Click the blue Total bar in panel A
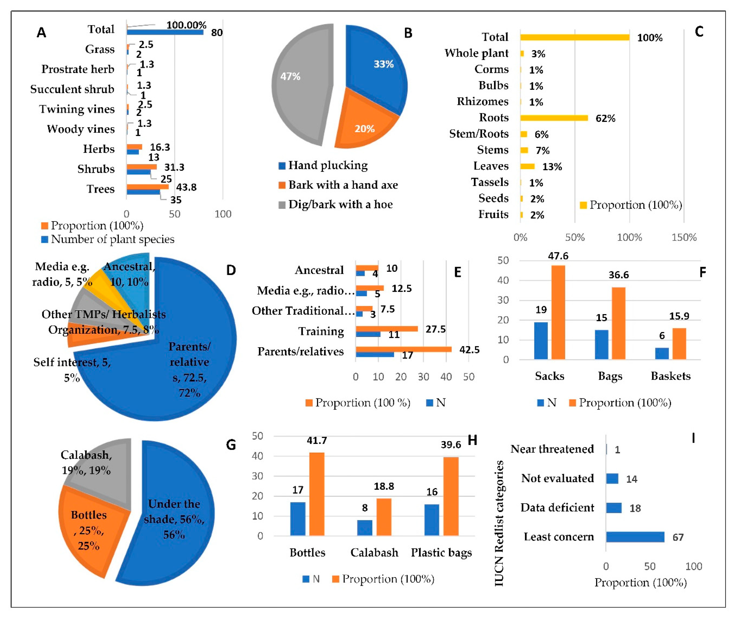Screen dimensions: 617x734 pos(165,32)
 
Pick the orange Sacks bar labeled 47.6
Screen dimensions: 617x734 pos(558,312)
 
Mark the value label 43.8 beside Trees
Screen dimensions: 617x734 pos(186,188)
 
